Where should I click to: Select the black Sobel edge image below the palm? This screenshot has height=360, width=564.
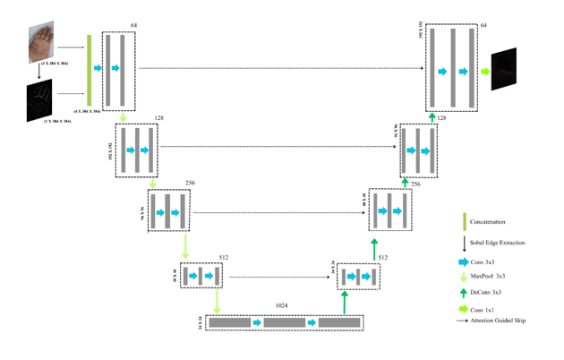39,100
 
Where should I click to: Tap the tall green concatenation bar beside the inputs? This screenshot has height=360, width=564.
89,70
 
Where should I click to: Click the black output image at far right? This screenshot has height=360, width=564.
504,70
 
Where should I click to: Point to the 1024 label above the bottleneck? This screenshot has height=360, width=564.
281,305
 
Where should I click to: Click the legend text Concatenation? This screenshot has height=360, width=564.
488,221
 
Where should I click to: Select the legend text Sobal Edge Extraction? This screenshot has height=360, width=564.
497,243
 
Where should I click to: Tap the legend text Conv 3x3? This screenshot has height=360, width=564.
484,262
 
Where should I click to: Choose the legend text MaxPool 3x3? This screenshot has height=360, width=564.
488,277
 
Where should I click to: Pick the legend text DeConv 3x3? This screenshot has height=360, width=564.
487,292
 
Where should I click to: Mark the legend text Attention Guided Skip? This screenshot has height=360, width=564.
498,320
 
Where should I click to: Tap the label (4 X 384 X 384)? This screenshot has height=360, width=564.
87,110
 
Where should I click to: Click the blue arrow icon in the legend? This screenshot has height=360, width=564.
463,262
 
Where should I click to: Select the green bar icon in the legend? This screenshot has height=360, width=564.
464,221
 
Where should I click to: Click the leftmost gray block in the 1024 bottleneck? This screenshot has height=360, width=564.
230,322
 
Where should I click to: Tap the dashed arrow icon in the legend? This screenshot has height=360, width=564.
463,320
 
